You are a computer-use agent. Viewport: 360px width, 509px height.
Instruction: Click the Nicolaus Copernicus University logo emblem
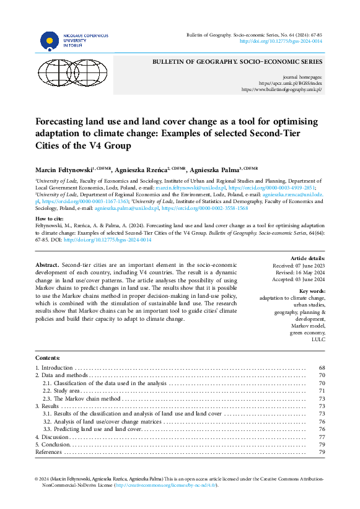[50, 41]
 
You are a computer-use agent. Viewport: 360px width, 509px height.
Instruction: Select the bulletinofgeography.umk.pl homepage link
[282, 89]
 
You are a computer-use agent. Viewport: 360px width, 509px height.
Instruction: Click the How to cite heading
[52, 219]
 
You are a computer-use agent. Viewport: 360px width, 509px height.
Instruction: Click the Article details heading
[307, 258]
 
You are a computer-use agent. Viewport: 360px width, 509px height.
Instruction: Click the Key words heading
[312, 291]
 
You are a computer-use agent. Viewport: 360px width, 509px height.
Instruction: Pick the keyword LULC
[317, 339]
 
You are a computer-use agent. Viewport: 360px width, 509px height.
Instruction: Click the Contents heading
[48, 358]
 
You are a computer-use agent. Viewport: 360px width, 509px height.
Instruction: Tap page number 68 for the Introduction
[322, 368]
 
